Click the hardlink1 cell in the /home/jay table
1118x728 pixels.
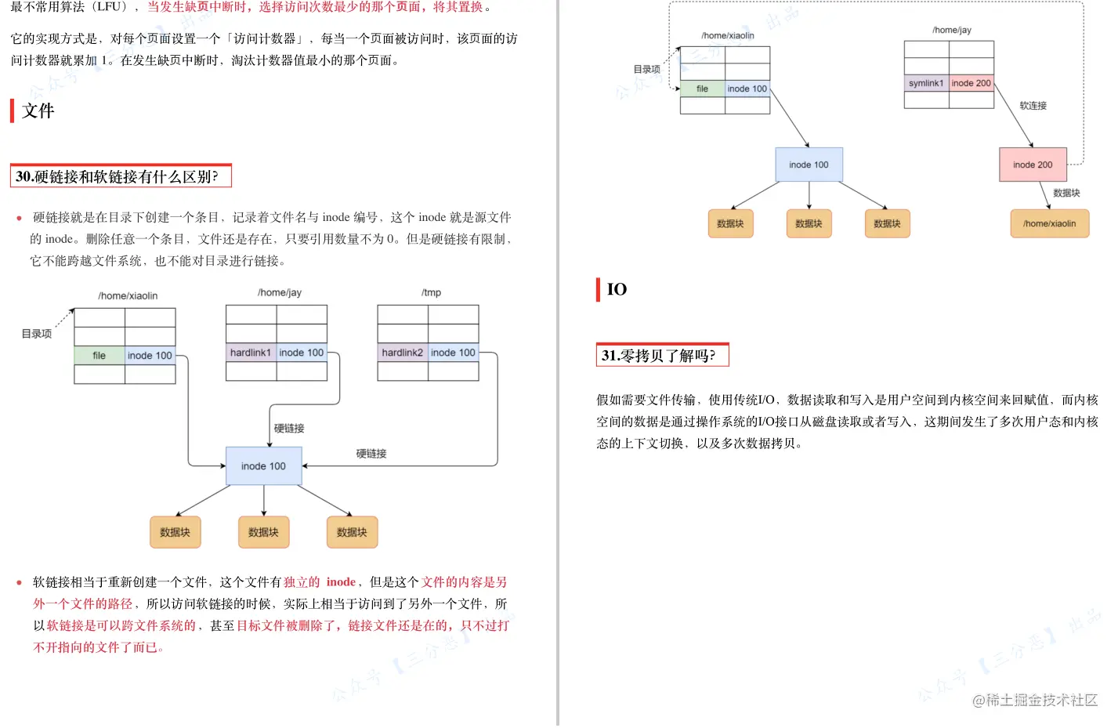251,353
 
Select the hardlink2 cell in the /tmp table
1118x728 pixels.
402,353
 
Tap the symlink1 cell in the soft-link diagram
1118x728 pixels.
926,83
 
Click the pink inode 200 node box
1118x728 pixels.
1033,165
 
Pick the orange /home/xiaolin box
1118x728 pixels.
1049,223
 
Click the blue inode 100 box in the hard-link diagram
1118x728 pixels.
263,466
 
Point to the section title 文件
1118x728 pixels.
38,111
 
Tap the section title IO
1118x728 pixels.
617,290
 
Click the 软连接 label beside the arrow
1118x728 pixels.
1033,106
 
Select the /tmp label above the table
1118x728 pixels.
431,293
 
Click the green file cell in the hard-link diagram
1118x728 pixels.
99,356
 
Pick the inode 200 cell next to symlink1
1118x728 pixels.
971,83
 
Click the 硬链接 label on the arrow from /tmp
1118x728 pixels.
371,454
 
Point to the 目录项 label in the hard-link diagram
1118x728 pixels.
37,334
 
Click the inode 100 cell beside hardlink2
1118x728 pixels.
453,353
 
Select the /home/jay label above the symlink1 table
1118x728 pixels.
951,31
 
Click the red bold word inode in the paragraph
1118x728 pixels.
341,582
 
